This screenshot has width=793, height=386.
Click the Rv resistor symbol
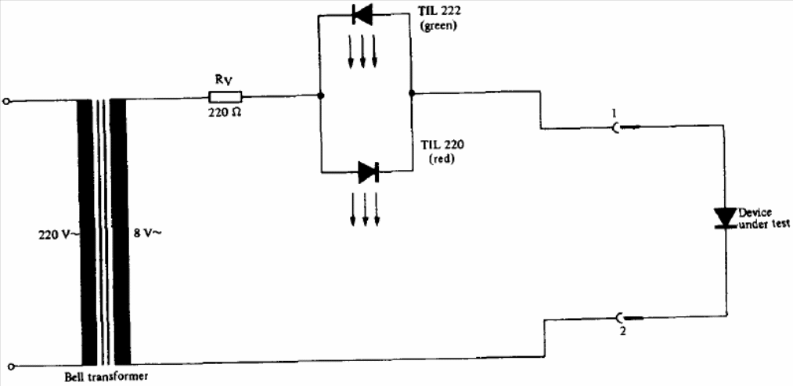(225, 96)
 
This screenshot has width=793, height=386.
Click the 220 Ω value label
(225, 112)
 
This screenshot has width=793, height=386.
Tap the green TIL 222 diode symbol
(362, 14)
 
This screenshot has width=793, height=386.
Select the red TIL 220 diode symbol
(368, 172)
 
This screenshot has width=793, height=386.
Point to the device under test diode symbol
(726, 218)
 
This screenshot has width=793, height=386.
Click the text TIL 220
(443, 145)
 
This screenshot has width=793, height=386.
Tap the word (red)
(442, 159)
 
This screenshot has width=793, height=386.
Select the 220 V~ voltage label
(58, 235)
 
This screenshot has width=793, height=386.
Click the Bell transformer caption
(106, 377)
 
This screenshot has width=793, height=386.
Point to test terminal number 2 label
(622, 334)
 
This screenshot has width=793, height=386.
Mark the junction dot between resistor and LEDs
(319, 96)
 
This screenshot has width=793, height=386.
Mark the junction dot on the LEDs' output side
(412, 93)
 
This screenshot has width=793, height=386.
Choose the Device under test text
(757, 218)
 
